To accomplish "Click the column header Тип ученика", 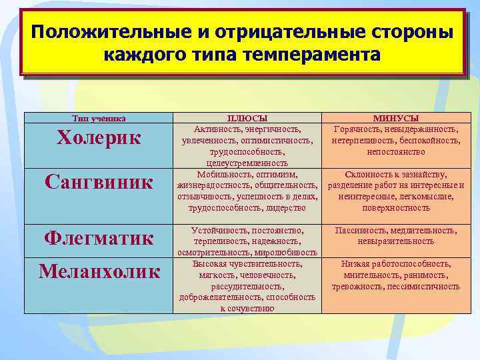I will click(x=99, y=119).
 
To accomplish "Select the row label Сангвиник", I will click(x=99, y=181).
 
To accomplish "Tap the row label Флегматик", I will click(x=99, y=237).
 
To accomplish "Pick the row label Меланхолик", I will click(x=99, y=271).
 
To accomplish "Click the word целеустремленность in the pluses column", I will click(x=247, y=163).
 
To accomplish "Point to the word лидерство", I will click(x=283, y=208).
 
